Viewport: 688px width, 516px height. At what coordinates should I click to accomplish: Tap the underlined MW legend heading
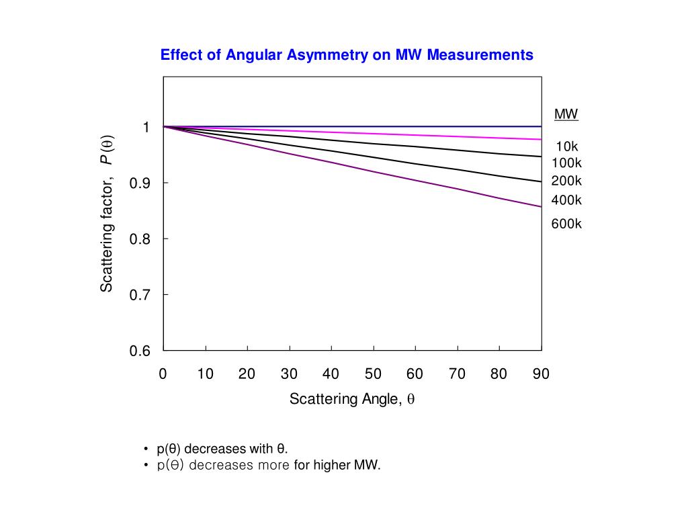[566, 114]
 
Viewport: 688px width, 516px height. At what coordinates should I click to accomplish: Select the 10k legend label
[566, 146]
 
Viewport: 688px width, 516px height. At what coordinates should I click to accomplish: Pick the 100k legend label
[566, 163]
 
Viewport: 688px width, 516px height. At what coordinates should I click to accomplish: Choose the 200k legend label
[566, 181]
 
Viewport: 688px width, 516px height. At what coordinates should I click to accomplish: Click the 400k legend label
[566, 200]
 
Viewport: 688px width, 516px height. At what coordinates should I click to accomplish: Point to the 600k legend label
[566, 224]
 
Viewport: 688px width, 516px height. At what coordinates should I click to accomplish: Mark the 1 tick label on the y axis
[146, 127]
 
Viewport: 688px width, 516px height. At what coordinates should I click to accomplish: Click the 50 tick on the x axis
[373, 374]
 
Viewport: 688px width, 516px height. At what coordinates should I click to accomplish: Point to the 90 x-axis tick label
[541, 374]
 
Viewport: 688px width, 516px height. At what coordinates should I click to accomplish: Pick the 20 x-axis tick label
[247, 374]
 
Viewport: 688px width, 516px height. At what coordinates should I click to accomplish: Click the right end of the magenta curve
[540, 139]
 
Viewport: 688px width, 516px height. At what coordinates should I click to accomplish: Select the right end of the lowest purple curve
[540, 206]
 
